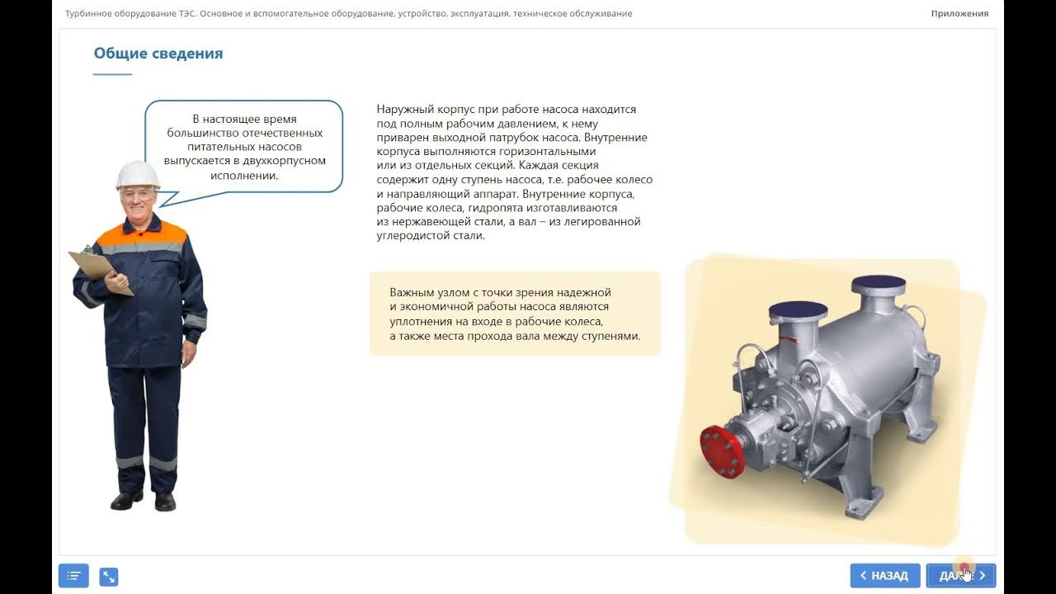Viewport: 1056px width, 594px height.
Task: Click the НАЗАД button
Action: coord(884,576)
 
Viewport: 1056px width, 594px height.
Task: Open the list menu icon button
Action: coord(73,576)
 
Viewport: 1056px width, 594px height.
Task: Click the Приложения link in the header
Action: coord(959,13)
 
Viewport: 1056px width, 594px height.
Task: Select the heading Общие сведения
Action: coord(158,54)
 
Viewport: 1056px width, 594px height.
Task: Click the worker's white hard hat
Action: coord(138,174)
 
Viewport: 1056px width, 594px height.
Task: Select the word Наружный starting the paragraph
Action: coord(402,109)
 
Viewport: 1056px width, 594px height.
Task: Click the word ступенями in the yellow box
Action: coord(612,337)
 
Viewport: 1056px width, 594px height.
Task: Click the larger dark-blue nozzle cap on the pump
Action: coord(879,285)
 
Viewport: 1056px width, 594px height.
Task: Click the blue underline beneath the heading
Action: coord(112,74)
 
